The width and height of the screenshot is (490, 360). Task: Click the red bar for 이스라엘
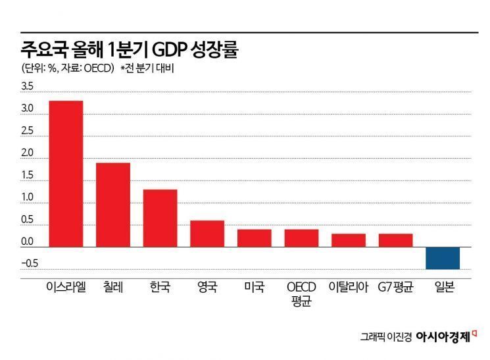tap(66, 174)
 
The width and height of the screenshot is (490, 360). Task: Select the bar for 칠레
tap(113, 205)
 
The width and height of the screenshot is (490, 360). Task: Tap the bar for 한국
tap(160, 218)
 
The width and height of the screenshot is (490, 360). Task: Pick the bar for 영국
tap(207, 234)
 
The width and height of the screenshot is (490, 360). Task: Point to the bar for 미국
tap(254, 238)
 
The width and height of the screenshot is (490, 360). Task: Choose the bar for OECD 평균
tap(301, 238)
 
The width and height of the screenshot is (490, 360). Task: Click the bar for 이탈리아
tap(349, 240)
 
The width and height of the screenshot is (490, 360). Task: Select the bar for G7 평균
tap(395, 240)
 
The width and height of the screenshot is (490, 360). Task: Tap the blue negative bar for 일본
tap(443, 258)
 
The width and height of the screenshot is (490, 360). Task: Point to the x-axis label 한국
tap(160, 287)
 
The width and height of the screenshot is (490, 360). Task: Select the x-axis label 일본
tap(443, 287)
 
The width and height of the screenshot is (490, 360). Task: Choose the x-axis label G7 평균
tap(395, 287)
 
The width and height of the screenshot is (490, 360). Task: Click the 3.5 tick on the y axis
tap(27, 86)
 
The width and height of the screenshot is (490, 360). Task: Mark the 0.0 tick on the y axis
tap(27, 242)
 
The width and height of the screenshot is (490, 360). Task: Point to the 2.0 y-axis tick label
tap(27, 153)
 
